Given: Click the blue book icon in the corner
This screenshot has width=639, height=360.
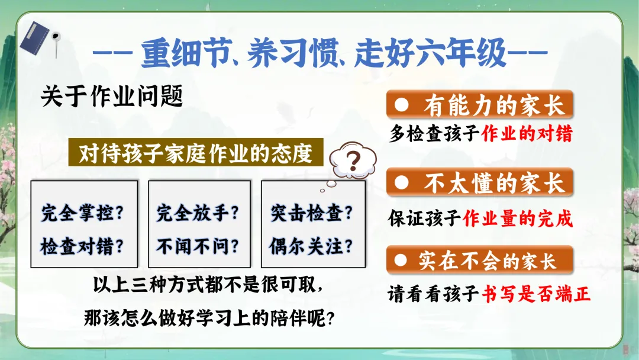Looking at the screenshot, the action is pos(35,38).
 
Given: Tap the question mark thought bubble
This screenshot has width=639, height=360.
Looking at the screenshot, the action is pos(353,161).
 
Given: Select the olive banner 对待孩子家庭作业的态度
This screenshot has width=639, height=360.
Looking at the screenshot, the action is pos(196,153).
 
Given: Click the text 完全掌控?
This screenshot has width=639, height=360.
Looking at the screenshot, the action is pos(82,213).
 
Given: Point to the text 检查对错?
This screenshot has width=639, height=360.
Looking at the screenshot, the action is pos(82,246).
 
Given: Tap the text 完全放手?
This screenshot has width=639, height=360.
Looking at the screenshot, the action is pos(198,213).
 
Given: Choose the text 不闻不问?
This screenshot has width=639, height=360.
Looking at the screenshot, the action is pos(198,246).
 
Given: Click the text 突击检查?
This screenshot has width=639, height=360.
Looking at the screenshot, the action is pos(312,213).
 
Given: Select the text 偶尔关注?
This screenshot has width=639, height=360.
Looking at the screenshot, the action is pos(312,246).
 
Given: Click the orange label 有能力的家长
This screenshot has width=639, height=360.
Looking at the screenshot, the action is pos(480,104).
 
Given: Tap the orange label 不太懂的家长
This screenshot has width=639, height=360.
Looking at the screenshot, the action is pos(480,182).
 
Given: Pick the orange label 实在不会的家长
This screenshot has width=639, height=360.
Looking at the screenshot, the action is pos(480,260).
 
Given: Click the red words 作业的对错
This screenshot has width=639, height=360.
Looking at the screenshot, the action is pos(527,134).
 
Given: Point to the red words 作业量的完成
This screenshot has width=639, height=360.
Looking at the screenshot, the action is pos(518,218).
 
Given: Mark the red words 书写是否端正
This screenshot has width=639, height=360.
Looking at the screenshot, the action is pos(536,294).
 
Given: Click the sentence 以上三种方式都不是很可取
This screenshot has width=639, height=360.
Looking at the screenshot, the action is pos(208,285).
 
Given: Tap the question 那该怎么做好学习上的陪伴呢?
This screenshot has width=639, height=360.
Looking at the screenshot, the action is pos(209,318).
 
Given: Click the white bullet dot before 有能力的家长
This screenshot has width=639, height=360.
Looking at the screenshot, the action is pos(401,105).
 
